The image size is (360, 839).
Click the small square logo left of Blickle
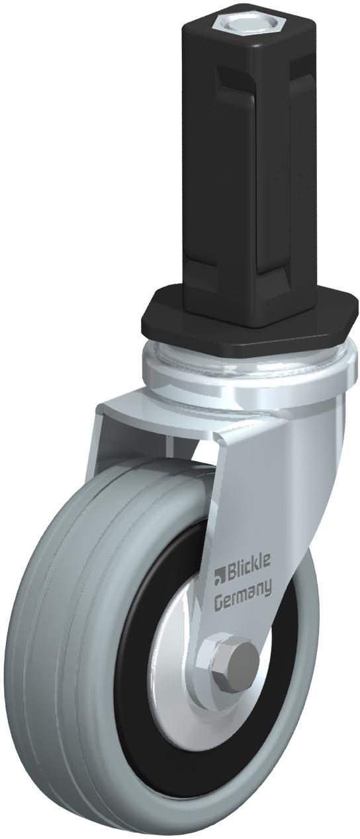coord(219,579)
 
